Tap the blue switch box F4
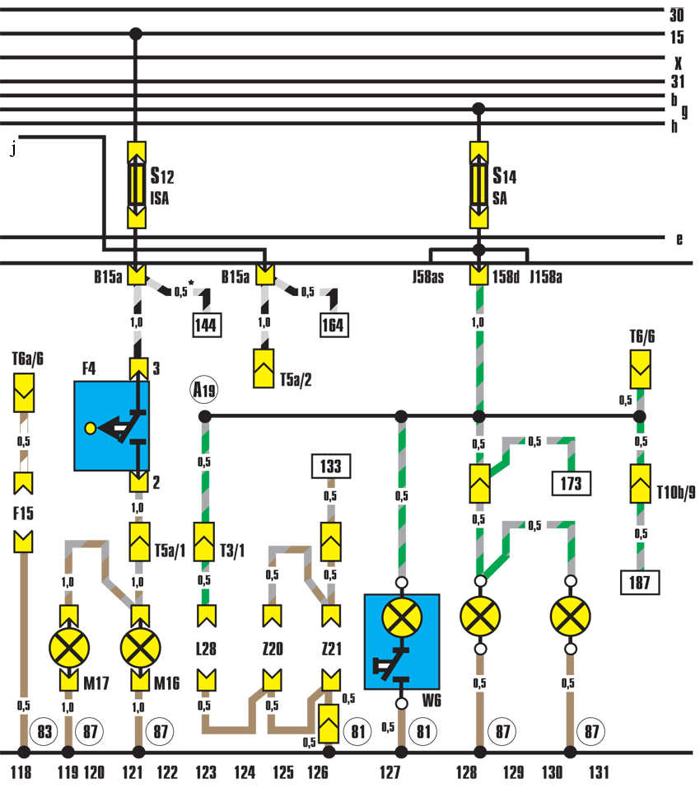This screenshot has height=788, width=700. click(111, 426)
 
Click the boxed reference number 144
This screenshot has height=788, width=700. click(206, 326)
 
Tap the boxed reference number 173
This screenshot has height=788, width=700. click(572, 482)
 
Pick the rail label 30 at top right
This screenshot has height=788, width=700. click(676, 16)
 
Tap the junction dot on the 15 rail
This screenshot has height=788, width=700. click(137, 34)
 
